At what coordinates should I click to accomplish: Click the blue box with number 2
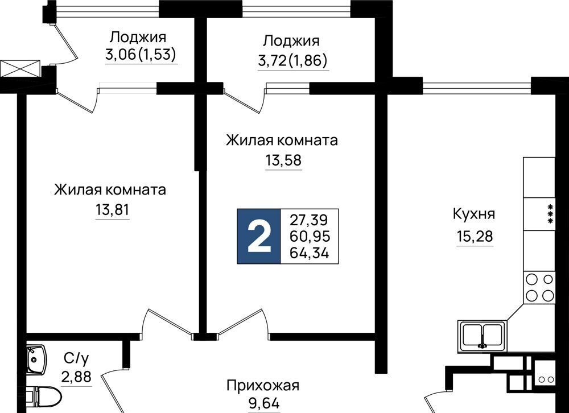[x=259, y=236]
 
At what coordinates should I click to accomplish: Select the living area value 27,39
[x=309, y=220]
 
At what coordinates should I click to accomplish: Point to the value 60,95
[x=310, y=236]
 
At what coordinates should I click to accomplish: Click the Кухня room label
[x=474, y=214]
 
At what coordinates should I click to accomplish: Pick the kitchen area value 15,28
[x=475, y=237]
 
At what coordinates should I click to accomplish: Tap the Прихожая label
[x=263, y=386]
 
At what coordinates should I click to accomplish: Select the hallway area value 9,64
[x=265, y=403]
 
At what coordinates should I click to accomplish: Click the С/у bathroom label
[x=76, y=358]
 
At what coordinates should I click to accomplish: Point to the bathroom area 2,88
[x=76, y=377]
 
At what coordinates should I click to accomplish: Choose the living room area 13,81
[x=113, y=210]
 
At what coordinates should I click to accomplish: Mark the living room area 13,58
[x=283, y=160]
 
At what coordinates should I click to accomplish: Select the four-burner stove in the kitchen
[x=539, y=287]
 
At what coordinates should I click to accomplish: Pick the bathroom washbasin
[x=36, y=358]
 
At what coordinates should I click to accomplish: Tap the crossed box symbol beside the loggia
[x=20, y=69]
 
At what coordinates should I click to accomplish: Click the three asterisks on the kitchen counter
[x=550, y=214]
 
